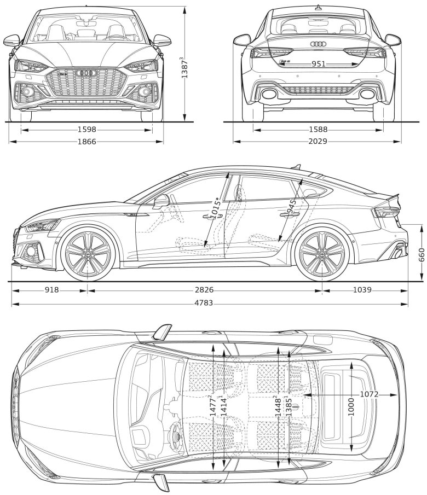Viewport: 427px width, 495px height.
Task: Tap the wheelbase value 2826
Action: coord(204,290)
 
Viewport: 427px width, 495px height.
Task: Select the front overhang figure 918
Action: coord(51,290)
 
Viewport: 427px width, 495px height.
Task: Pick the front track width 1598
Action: coord(86,130)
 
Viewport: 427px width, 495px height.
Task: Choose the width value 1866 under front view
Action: coord(86,142)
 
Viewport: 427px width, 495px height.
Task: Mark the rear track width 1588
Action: coord(318,130)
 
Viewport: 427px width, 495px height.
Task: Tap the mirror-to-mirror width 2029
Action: coord(317,142)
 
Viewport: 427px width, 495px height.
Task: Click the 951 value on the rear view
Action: coord(319,64)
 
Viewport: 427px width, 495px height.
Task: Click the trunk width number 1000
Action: coord(351,405)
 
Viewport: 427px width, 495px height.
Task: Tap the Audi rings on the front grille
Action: coord(86,73)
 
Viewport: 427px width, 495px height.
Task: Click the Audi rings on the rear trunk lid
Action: coord(318,44)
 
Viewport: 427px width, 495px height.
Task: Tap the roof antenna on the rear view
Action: coord(318,7)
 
